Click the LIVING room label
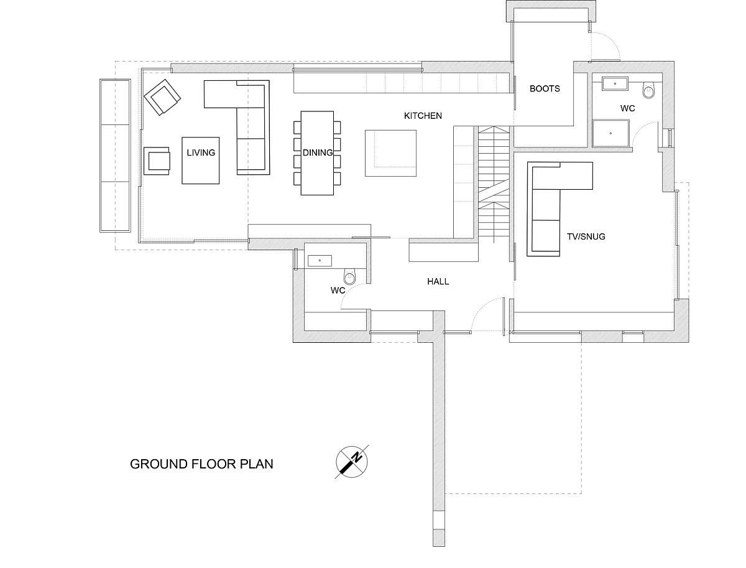(201, 152)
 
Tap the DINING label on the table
(318, 152)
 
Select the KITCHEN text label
(423, 116)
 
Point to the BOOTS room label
(545, 89)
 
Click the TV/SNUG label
(586, 237)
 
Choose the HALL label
(438, 282)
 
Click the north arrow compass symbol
(352, 462)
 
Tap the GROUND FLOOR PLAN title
(201, 464)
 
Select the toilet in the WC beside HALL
(349, 276)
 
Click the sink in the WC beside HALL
(320, 261)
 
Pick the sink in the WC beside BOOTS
(615, 83)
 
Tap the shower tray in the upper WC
(610, 133)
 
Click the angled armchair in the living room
(162, 97)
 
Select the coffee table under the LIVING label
(201, 161)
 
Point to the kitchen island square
(390, 153)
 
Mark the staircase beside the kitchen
(494, 184)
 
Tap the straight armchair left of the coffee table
(156, 161)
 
